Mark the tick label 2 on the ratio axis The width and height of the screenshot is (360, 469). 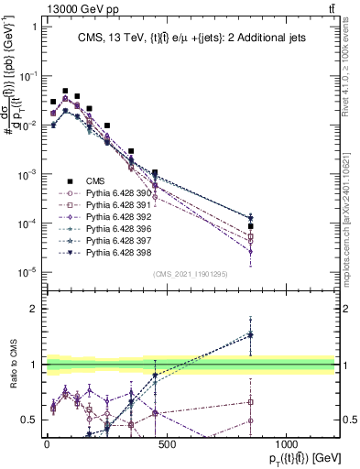point(29,309)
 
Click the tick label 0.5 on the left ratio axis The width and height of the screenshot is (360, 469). point(26,420)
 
